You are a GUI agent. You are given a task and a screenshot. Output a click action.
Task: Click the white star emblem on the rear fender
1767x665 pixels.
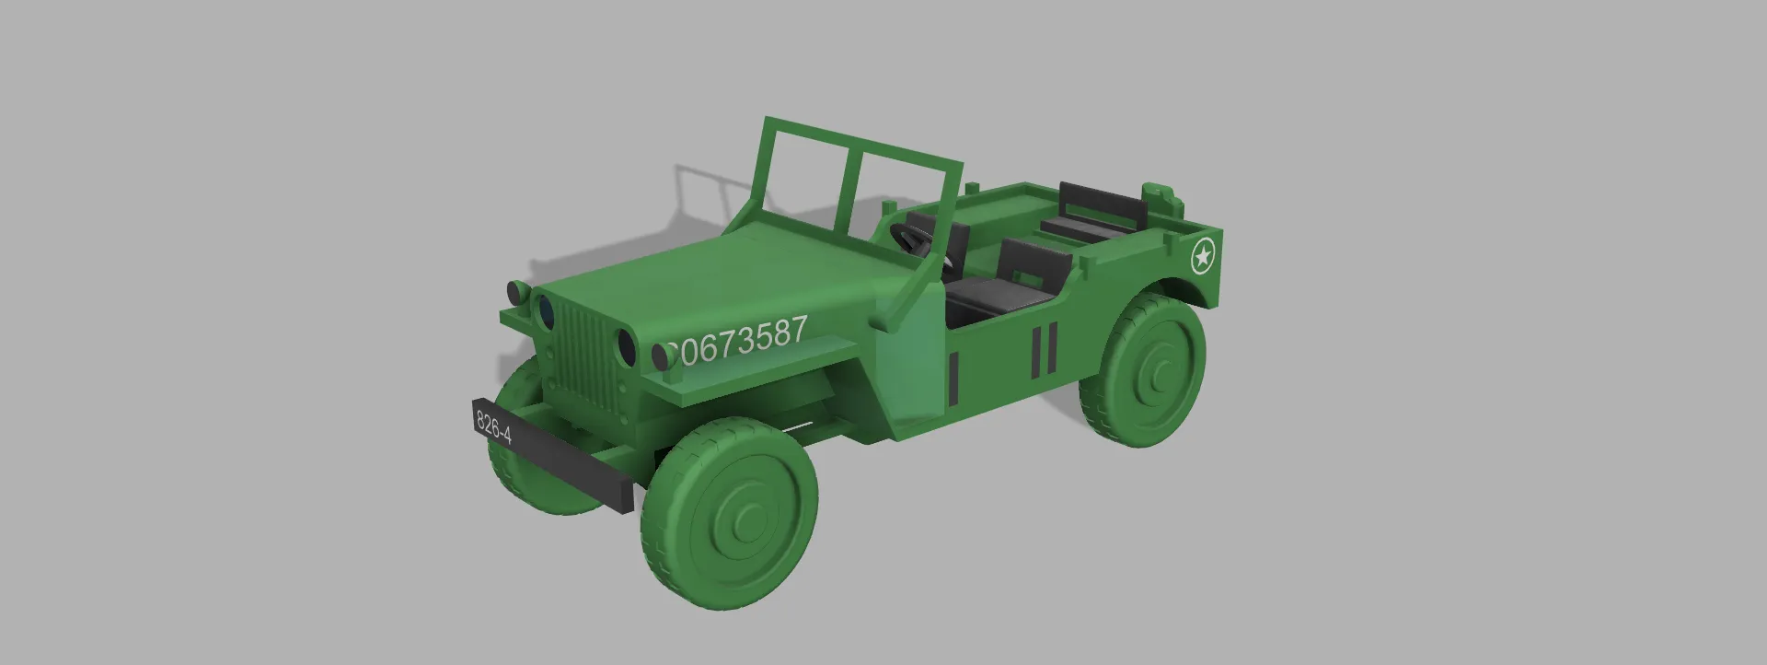(1202, 257)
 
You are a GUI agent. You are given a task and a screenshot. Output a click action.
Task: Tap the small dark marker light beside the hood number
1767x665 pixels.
(662, 355)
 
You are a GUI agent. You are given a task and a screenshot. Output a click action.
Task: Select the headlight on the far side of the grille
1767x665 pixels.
(545, 311)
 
